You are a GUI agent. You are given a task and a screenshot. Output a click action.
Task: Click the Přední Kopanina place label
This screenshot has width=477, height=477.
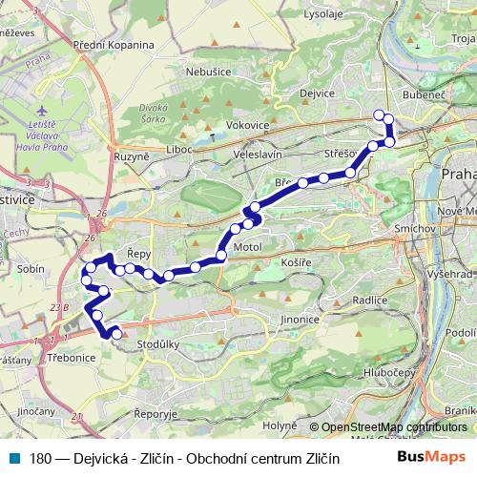coord(114,44)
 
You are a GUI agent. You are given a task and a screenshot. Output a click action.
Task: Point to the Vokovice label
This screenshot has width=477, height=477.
coord(247,125)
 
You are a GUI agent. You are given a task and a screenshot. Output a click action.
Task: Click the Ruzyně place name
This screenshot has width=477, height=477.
coord(132,156)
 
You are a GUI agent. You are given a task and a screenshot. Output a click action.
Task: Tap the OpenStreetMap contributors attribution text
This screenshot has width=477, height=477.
coord(394,427)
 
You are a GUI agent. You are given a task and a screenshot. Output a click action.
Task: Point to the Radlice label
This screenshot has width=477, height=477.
coord(369,300)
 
